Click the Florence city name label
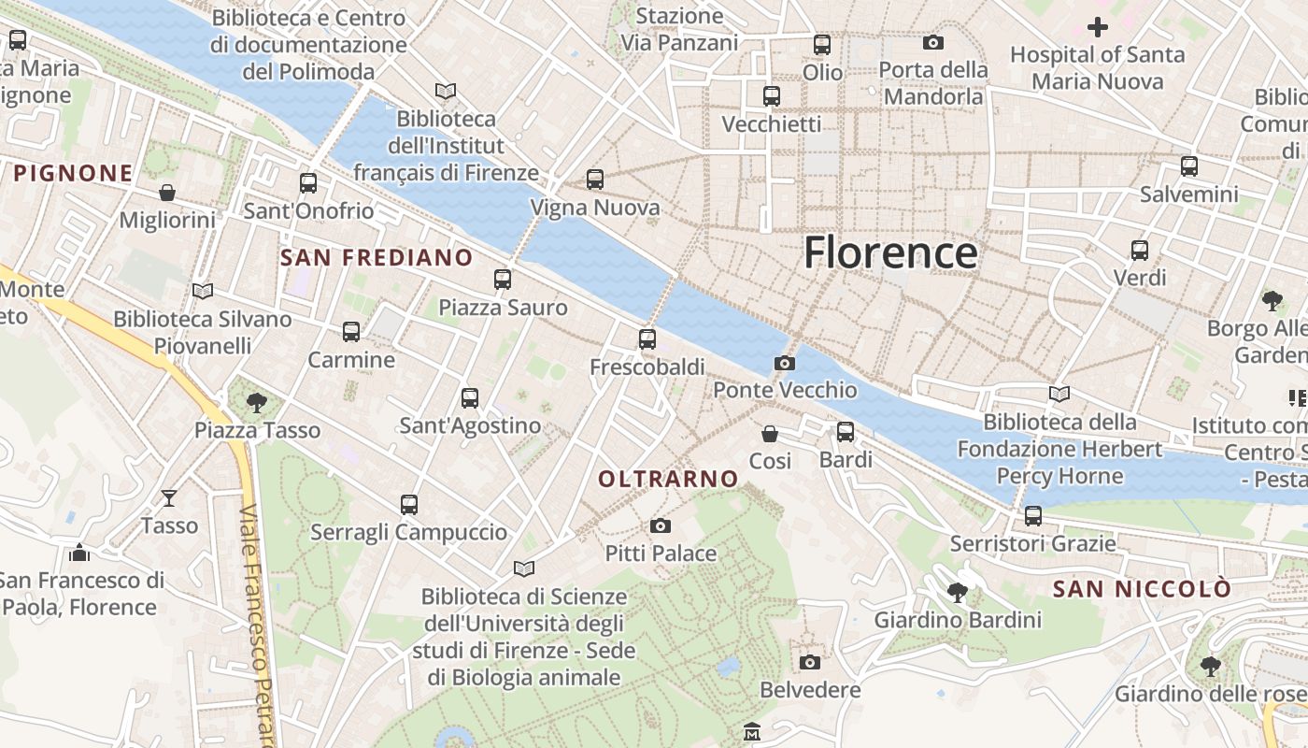click(x=890, y=252)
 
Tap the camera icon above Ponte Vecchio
click(x=785, y=363)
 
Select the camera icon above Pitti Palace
click(x=661, y=525)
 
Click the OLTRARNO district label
click(x=668, y=479)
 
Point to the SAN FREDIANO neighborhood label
click(x=377, y=258)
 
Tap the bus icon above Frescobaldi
click(x=647, y=339)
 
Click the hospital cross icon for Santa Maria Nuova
click(x=1098, y=27)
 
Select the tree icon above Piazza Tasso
click(x=256, y=403)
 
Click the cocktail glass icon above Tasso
click(x=169, y=497)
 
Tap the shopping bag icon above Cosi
click(x=770, y=434)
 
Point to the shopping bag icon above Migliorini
click(x=167, y=193)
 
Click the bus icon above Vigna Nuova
click(x=595, y=180)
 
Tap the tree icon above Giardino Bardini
click(x=957, y=592)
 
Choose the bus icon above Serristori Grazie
click(x=1032, y=515)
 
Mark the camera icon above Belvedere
click(x=810, y=662)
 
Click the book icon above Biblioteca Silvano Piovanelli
click(x=203, y=291)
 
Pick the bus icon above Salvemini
click(x=1188, y=166)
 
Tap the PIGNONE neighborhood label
click(x=73, y=173)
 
